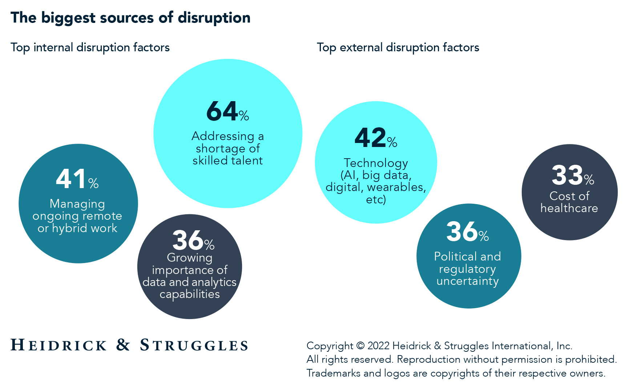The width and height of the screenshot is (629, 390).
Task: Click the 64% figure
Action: pyautogui.click(x=227, y=112)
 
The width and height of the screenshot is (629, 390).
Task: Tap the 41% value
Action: pyautogui.click(x=77, y=179)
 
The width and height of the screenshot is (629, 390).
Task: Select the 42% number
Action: pyautogui.click(x=375, y=138)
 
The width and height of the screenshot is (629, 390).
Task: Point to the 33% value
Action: pyautogui.click(x=572, y=176)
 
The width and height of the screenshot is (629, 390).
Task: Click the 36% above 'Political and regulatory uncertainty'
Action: pyautogui.click(x=467, y=232)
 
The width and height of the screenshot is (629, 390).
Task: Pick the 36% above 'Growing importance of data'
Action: pyautogui.click(x=193, y=241)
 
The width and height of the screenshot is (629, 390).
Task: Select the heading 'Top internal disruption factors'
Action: pyautogui.click(x=90, y=47)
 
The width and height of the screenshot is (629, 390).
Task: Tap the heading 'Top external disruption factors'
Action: pyautogui.click(x=398, y=47)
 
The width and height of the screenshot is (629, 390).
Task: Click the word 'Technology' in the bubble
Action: pyautogui.click(x=376, y=163)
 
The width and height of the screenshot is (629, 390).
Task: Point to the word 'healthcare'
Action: pyautogui.click(x=569, y=208)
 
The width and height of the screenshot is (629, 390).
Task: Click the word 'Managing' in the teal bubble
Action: pyautogui.click(x=77, y=204)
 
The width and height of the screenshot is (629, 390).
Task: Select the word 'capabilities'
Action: pyautogui.click(x=190, y=294)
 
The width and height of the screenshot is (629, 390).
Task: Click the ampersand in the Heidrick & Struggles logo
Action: pyautogui.click(x=123, y=345)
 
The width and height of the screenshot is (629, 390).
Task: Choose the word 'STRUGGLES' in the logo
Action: pyautogui.click(x=194, y=345)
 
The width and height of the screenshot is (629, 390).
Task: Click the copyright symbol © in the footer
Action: pyautogui.click(x=360, y=346)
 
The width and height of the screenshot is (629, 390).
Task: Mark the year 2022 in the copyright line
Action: pyautogui.click(x=378, y=346)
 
